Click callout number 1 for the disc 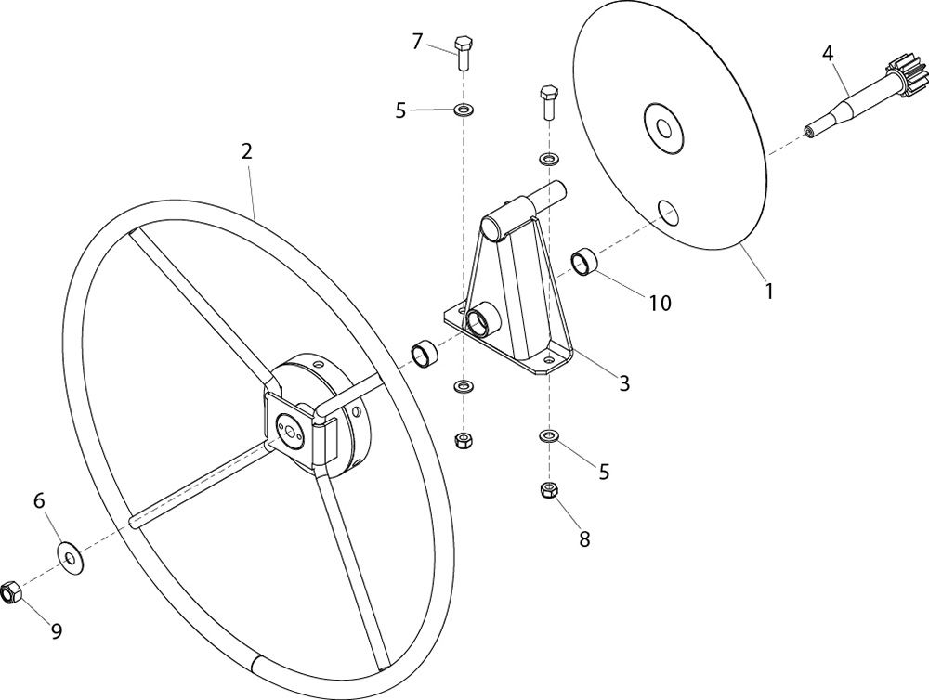[x=769, y=292]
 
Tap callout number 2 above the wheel [x=247, y=151]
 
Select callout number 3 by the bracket [x=624, y=383]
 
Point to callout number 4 [x=828, y=53]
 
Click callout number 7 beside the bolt [x=418, y=42]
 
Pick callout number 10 [x=660, y=304]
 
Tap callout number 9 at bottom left [x=57, y=632]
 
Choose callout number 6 [x=39, y=501]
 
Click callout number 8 [x=584, y=539]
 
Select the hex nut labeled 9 [x=10, y=591]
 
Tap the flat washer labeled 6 [x=70, y=558]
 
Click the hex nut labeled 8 [x=550, y=490]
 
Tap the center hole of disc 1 [x=663, y=129]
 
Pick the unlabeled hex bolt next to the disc [x=548, y=102]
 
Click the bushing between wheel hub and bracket [x=425, y=354]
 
